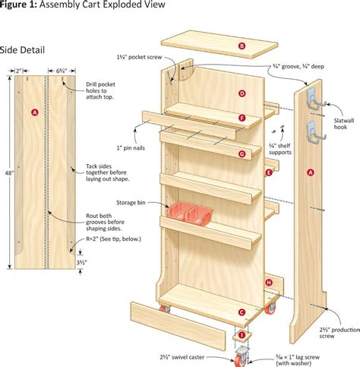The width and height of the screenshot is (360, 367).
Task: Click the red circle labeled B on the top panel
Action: [x=242, y=46]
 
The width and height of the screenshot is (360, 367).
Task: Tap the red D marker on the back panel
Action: [x=242, y=93]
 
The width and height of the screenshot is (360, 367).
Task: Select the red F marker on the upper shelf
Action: [x=242, y=118]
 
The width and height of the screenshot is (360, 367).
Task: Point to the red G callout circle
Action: [x=242, y=153]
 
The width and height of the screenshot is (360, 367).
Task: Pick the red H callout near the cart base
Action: [x=269, y=283]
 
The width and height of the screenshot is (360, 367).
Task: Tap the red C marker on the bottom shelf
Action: [x=242, y=312]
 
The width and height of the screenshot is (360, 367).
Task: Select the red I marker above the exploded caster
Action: [x=242, y=335]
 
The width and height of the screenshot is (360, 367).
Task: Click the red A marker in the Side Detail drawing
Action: [x=33, y=112]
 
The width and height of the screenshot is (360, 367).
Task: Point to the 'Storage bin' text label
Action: [x=131, y=203]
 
